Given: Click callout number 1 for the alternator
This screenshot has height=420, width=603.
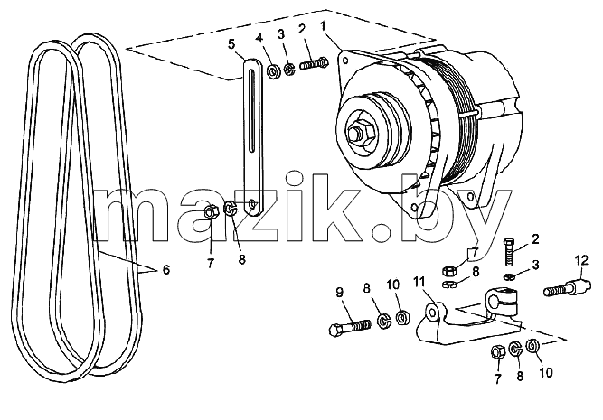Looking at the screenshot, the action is coord(322,27).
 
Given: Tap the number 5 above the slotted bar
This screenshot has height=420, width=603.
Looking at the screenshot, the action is coord(231,43).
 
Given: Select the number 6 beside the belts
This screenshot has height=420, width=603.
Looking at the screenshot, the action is coord(165,270).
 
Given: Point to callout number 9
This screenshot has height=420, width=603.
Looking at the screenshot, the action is coord(339,293).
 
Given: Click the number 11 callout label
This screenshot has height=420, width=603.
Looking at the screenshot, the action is coord(419,282).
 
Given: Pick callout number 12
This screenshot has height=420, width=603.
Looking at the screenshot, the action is coord(582,260).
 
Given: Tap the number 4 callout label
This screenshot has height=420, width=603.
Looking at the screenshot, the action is coord(260,38).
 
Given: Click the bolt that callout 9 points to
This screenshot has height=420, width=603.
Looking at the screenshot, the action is coord(350,328).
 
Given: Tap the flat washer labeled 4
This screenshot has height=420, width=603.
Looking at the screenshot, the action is coord(273,71).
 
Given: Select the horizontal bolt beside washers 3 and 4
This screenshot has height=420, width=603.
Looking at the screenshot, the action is coord(314,62).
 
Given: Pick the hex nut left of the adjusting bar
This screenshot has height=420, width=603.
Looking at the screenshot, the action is coord(211,211).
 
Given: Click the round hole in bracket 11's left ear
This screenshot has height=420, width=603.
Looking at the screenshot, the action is coord(433,313).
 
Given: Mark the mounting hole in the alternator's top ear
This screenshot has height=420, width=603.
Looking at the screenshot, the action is coord(345,61).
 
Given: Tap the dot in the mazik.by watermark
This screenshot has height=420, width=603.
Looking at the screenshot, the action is coord(382,233).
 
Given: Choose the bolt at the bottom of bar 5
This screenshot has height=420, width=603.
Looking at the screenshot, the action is coord(251,202).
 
